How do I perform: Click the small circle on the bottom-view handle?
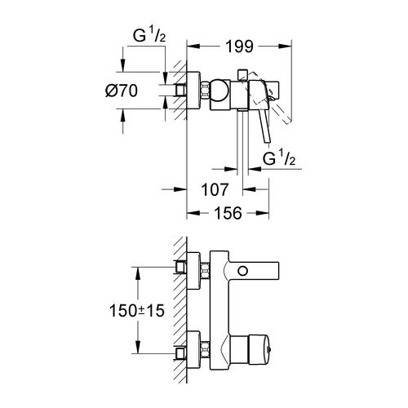click(242, 270)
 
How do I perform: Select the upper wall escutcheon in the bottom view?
click(196, 268)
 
